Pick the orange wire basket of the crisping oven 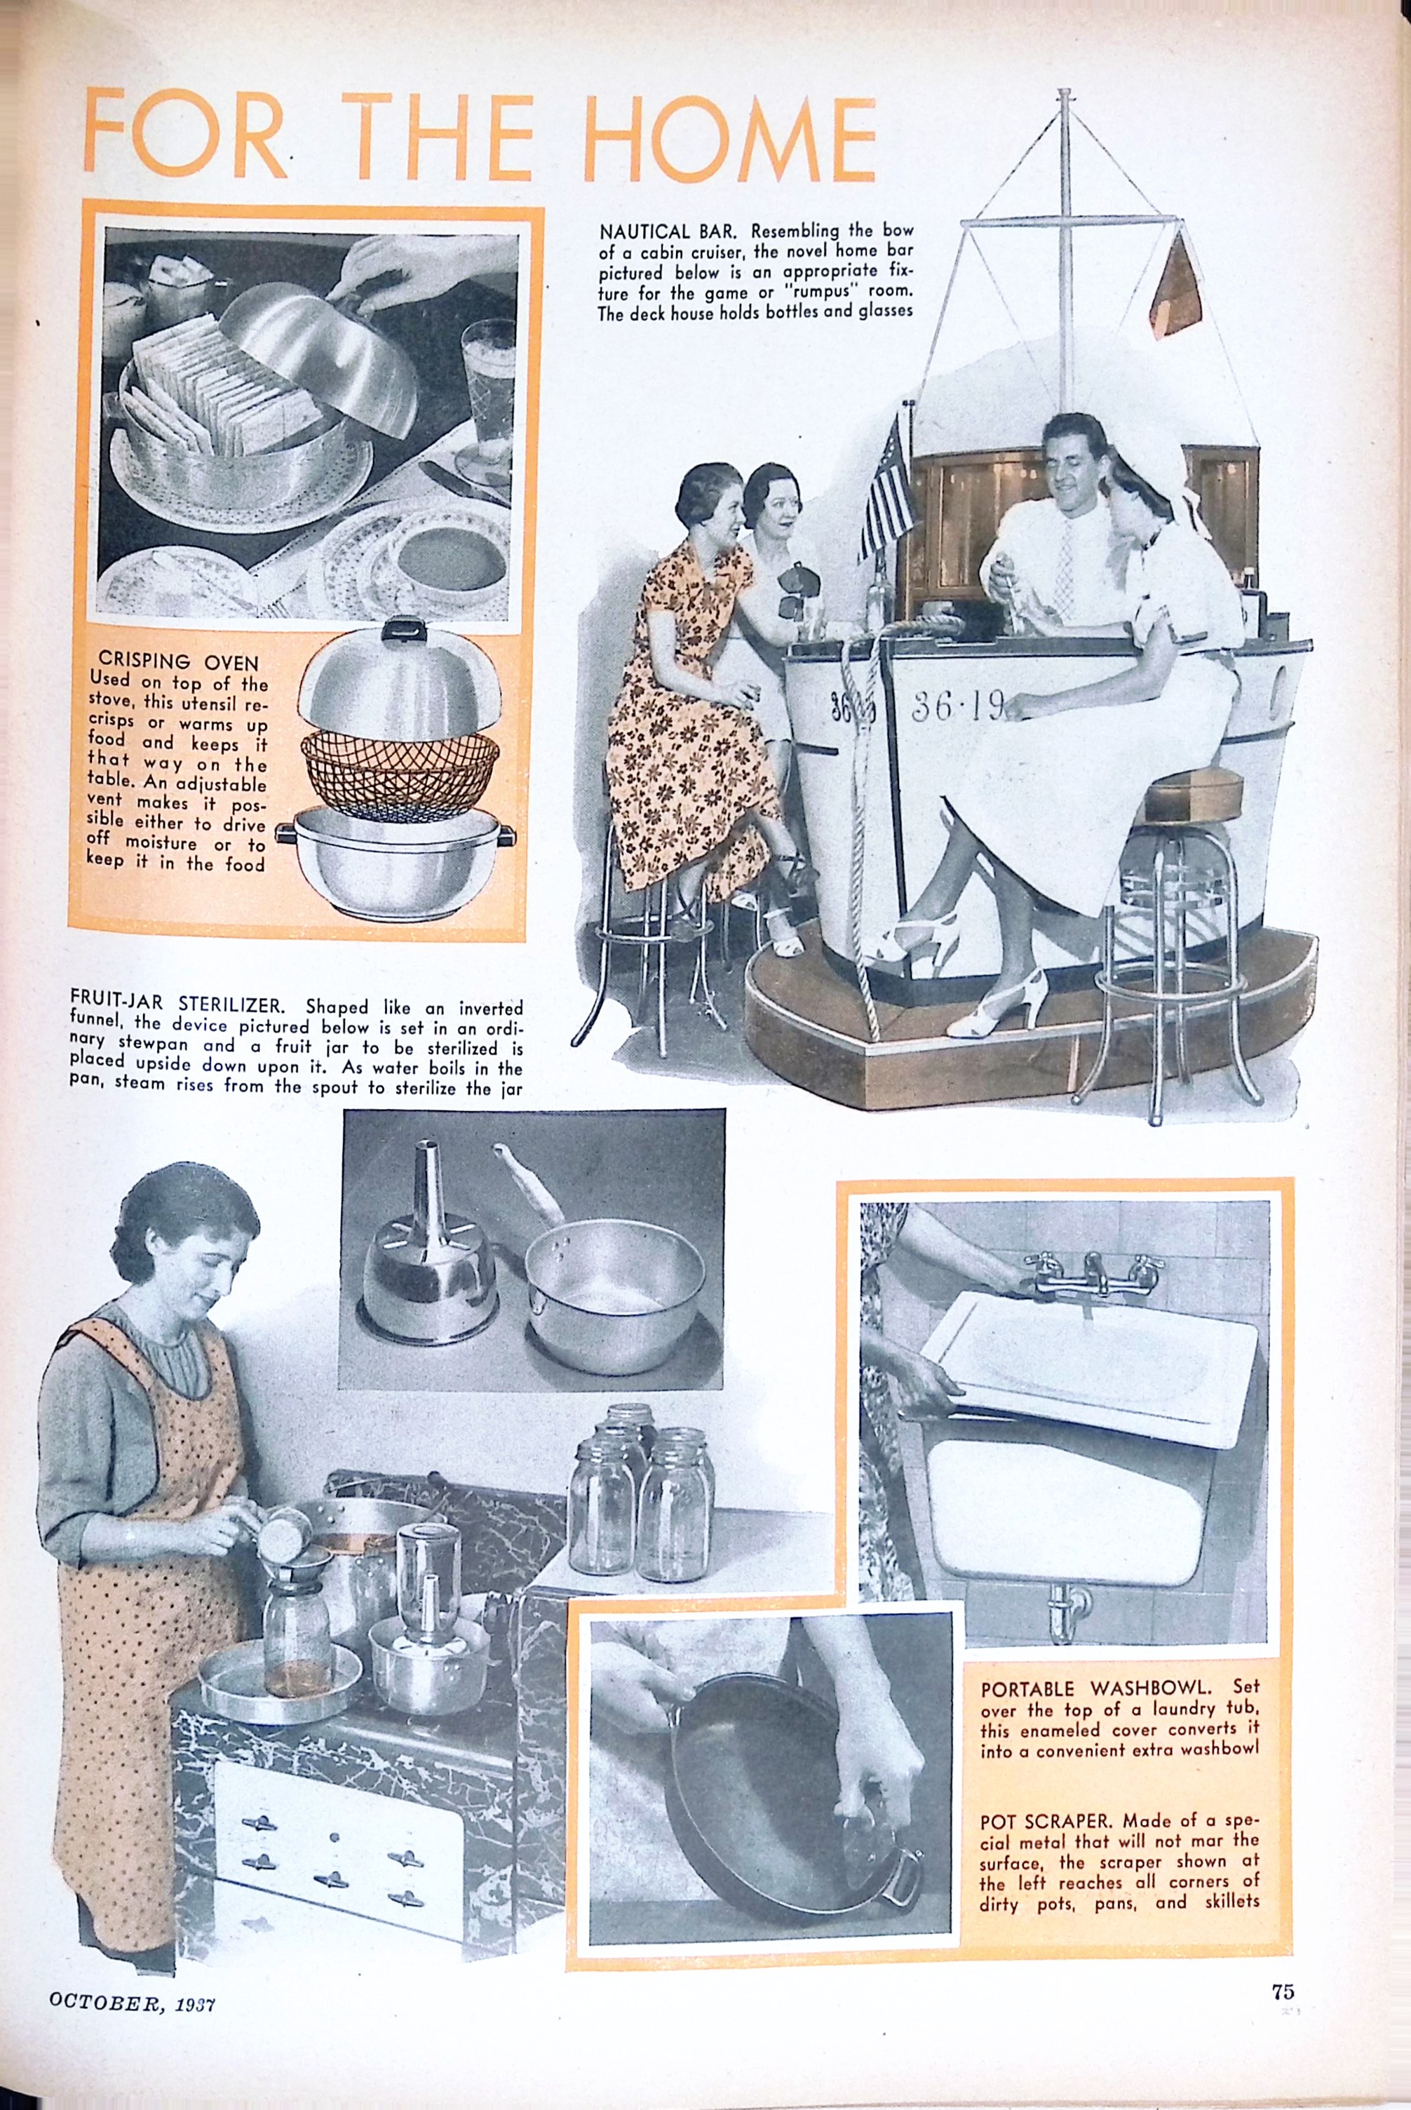400,766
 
